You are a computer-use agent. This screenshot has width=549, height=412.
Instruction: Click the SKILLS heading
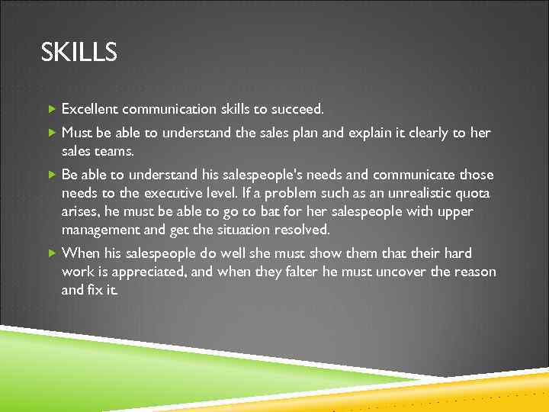click(79, 53)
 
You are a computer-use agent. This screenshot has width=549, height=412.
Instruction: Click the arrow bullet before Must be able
click(51, 133)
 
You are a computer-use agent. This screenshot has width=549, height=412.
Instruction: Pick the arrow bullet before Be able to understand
click(51, 175)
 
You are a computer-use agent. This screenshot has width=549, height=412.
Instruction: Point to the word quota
click(474, 193)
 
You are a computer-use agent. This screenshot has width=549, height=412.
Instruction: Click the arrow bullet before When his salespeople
click(51, 253)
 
